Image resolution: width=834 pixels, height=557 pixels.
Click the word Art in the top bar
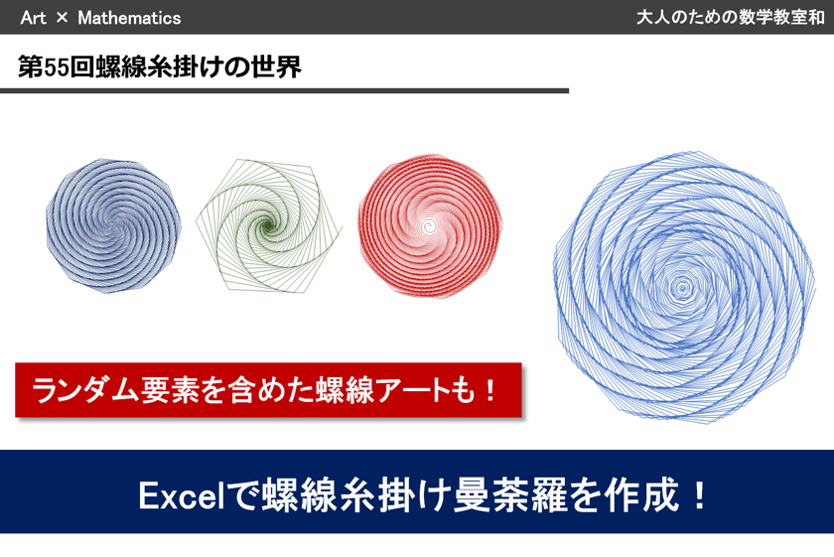33,18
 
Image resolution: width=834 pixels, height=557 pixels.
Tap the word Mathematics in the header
129,18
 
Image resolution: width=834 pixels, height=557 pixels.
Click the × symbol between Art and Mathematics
62,18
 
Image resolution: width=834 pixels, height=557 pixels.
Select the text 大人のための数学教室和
731,17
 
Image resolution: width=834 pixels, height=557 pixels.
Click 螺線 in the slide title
121,68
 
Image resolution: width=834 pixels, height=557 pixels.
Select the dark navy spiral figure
113,225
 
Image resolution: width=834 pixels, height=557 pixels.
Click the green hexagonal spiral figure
269,225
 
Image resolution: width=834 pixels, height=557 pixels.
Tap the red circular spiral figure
430,226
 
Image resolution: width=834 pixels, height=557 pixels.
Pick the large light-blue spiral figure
684,287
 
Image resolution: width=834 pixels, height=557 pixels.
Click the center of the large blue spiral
681,288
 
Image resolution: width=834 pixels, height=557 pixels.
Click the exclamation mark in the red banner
490,390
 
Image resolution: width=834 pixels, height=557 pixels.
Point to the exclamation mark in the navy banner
700,495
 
